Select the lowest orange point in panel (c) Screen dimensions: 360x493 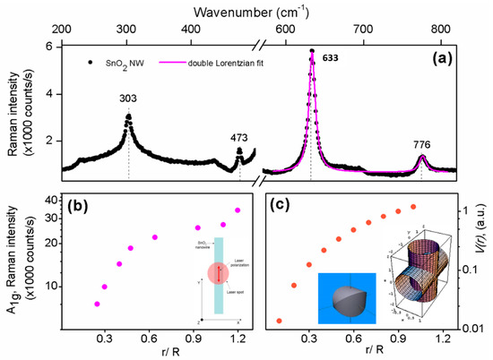(279, 321)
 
